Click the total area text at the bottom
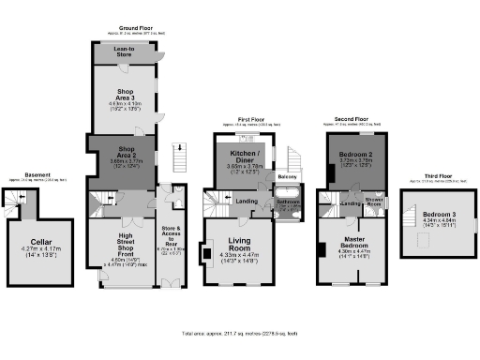[x=240, y=333]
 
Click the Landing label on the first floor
[x=247, y=201]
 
